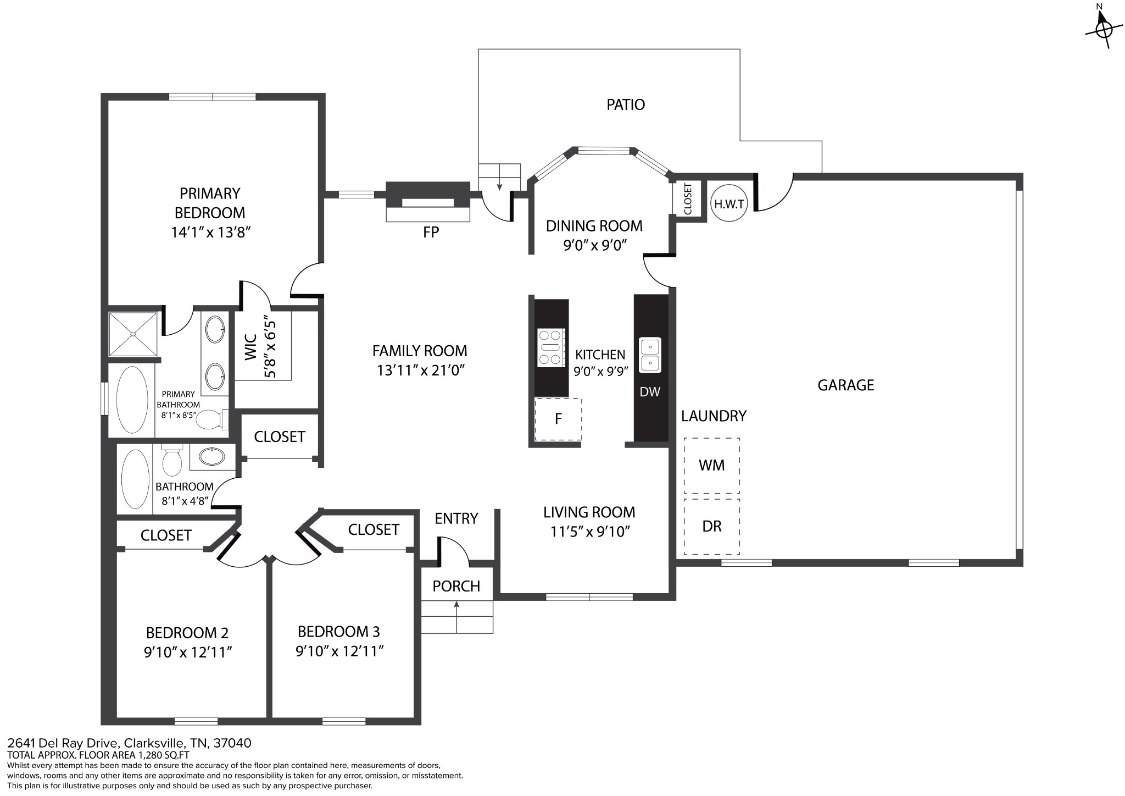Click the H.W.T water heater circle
pos(729,204)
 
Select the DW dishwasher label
pos(650,392)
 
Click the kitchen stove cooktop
pos(551,347)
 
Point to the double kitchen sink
pos(650,355)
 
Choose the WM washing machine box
pos(711,466)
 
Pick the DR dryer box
pos(711,527)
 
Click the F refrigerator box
pos(558,419)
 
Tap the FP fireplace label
pos(431,233)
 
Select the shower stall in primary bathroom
pos(133,334)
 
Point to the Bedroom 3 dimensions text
pos(339,651)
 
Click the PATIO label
pos(626,104)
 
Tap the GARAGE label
pos(845,385)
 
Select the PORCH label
pos(456,587)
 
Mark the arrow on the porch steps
pos(457,616)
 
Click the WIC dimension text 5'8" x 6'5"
pos(270,346)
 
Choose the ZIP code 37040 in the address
pos(232,743)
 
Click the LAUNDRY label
pos(714,416)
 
